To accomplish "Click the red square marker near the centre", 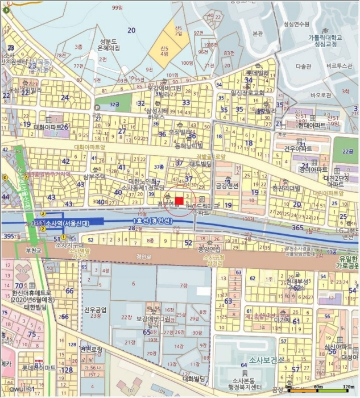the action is pyautogui.click(x=179, y=200).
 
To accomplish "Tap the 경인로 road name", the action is pyautogui.click(x=142, y=256).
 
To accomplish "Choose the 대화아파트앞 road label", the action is pyautogui.click(x=90, y=147).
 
